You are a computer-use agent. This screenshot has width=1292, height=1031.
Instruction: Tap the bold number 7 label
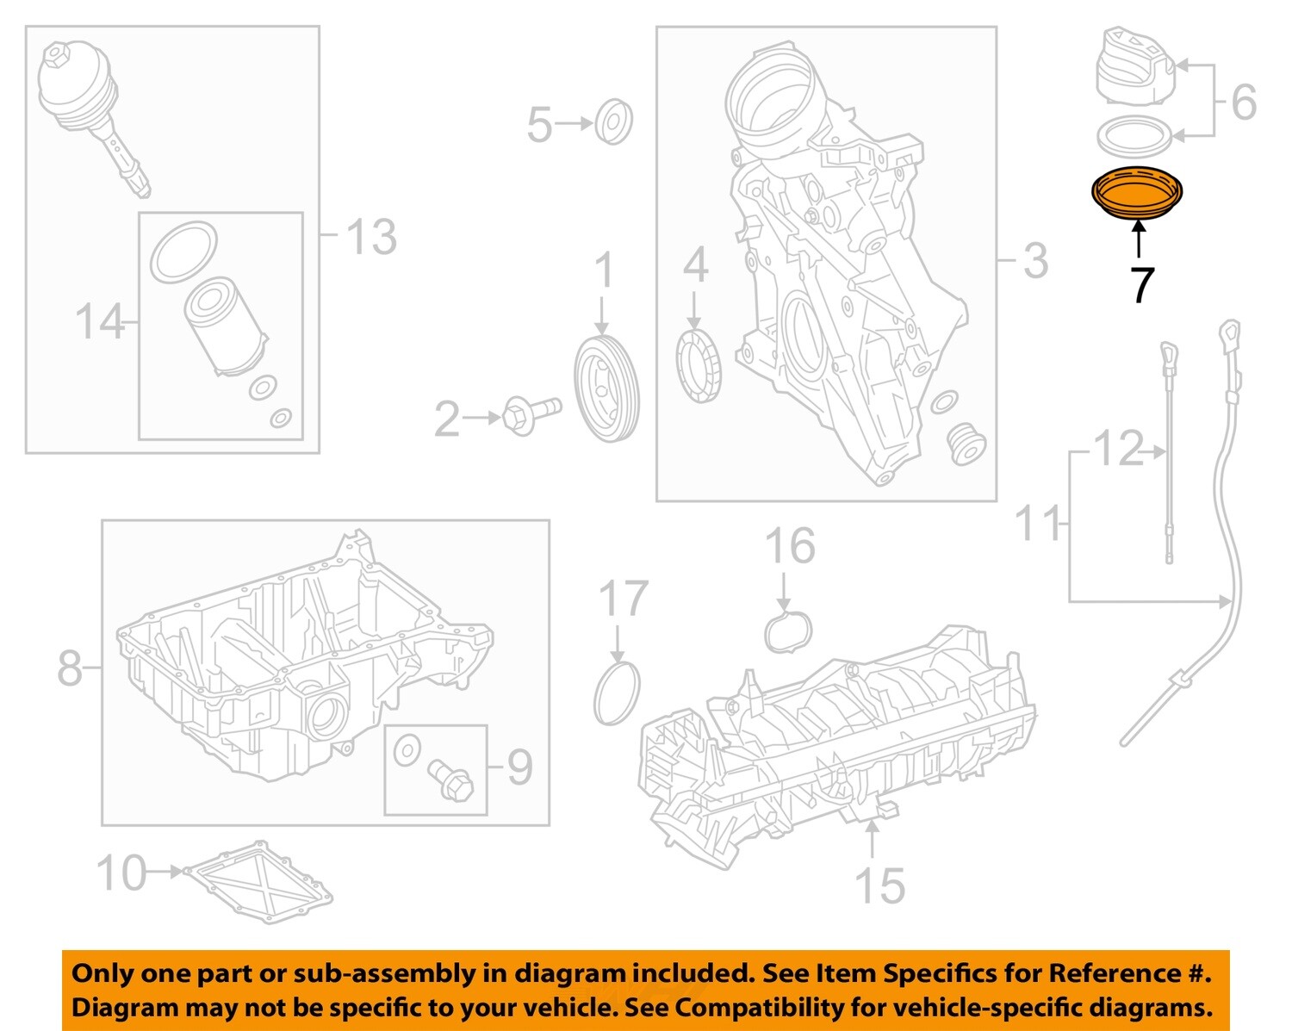tap(1141, 285)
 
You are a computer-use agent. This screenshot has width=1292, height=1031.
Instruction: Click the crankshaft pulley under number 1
tap(607, 389)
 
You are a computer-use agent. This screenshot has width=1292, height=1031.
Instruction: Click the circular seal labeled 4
tap(699, 365)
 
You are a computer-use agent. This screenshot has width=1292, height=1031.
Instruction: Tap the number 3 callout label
tap(1035, 260)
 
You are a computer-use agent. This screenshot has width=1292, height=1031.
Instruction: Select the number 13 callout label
tap(371, 236)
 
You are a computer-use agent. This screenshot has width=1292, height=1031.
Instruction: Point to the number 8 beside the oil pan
tap(70, 668)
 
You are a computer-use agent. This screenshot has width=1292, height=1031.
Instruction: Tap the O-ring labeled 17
tap(617, 693)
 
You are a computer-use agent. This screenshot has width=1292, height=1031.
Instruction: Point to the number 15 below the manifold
tap(879, 885)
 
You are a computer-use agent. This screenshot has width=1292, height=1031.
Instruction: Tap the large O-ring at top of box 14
tap(183, 252)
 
